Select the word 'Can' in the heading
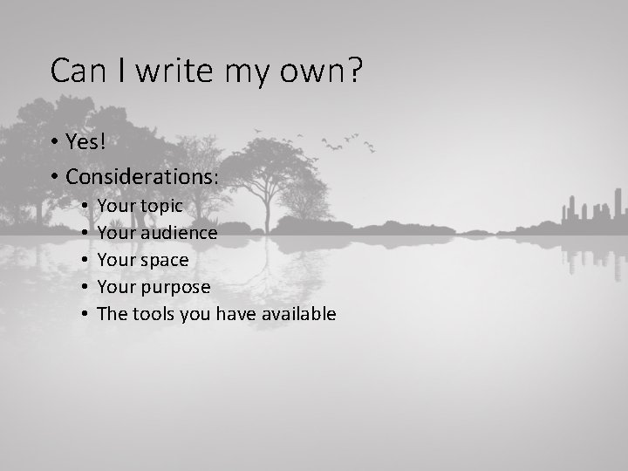tap(76, 71)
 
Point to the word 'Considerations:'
tap(142, 175)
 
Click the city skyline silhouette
tap(590, 213)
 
